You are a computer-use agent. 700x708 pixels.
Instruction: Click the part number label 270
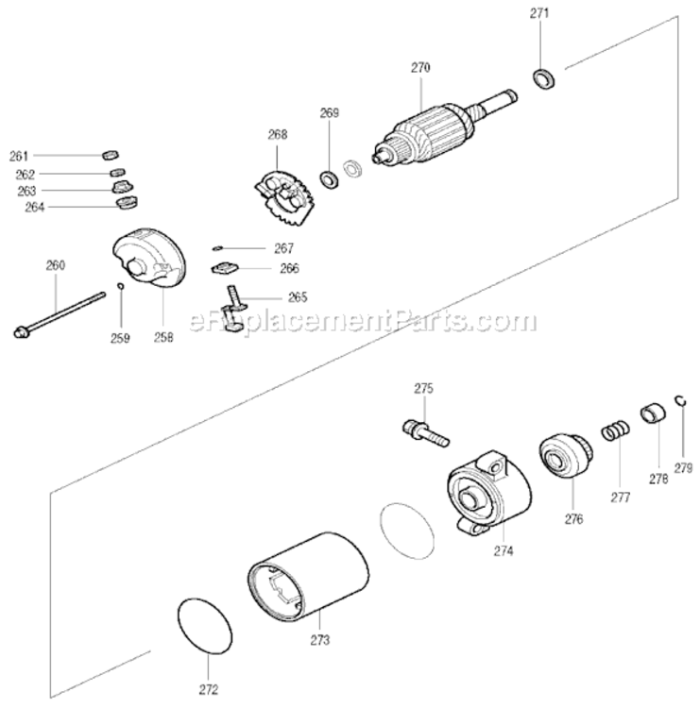(x=420, y=68)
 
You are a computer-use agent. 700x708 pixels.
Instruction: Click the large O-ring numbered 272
(x=205, y=626)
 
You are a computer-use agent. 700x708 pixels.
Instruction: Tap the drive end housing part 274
(x=487, y=487)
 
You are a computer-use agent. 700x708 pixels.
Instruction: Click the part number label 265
(x=297, y=296)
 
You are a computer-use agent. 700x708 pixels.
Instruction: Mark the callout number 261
(x=20, y=156)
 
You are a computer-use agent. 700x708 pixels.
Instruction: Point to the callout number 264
(x=20, y=206)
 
